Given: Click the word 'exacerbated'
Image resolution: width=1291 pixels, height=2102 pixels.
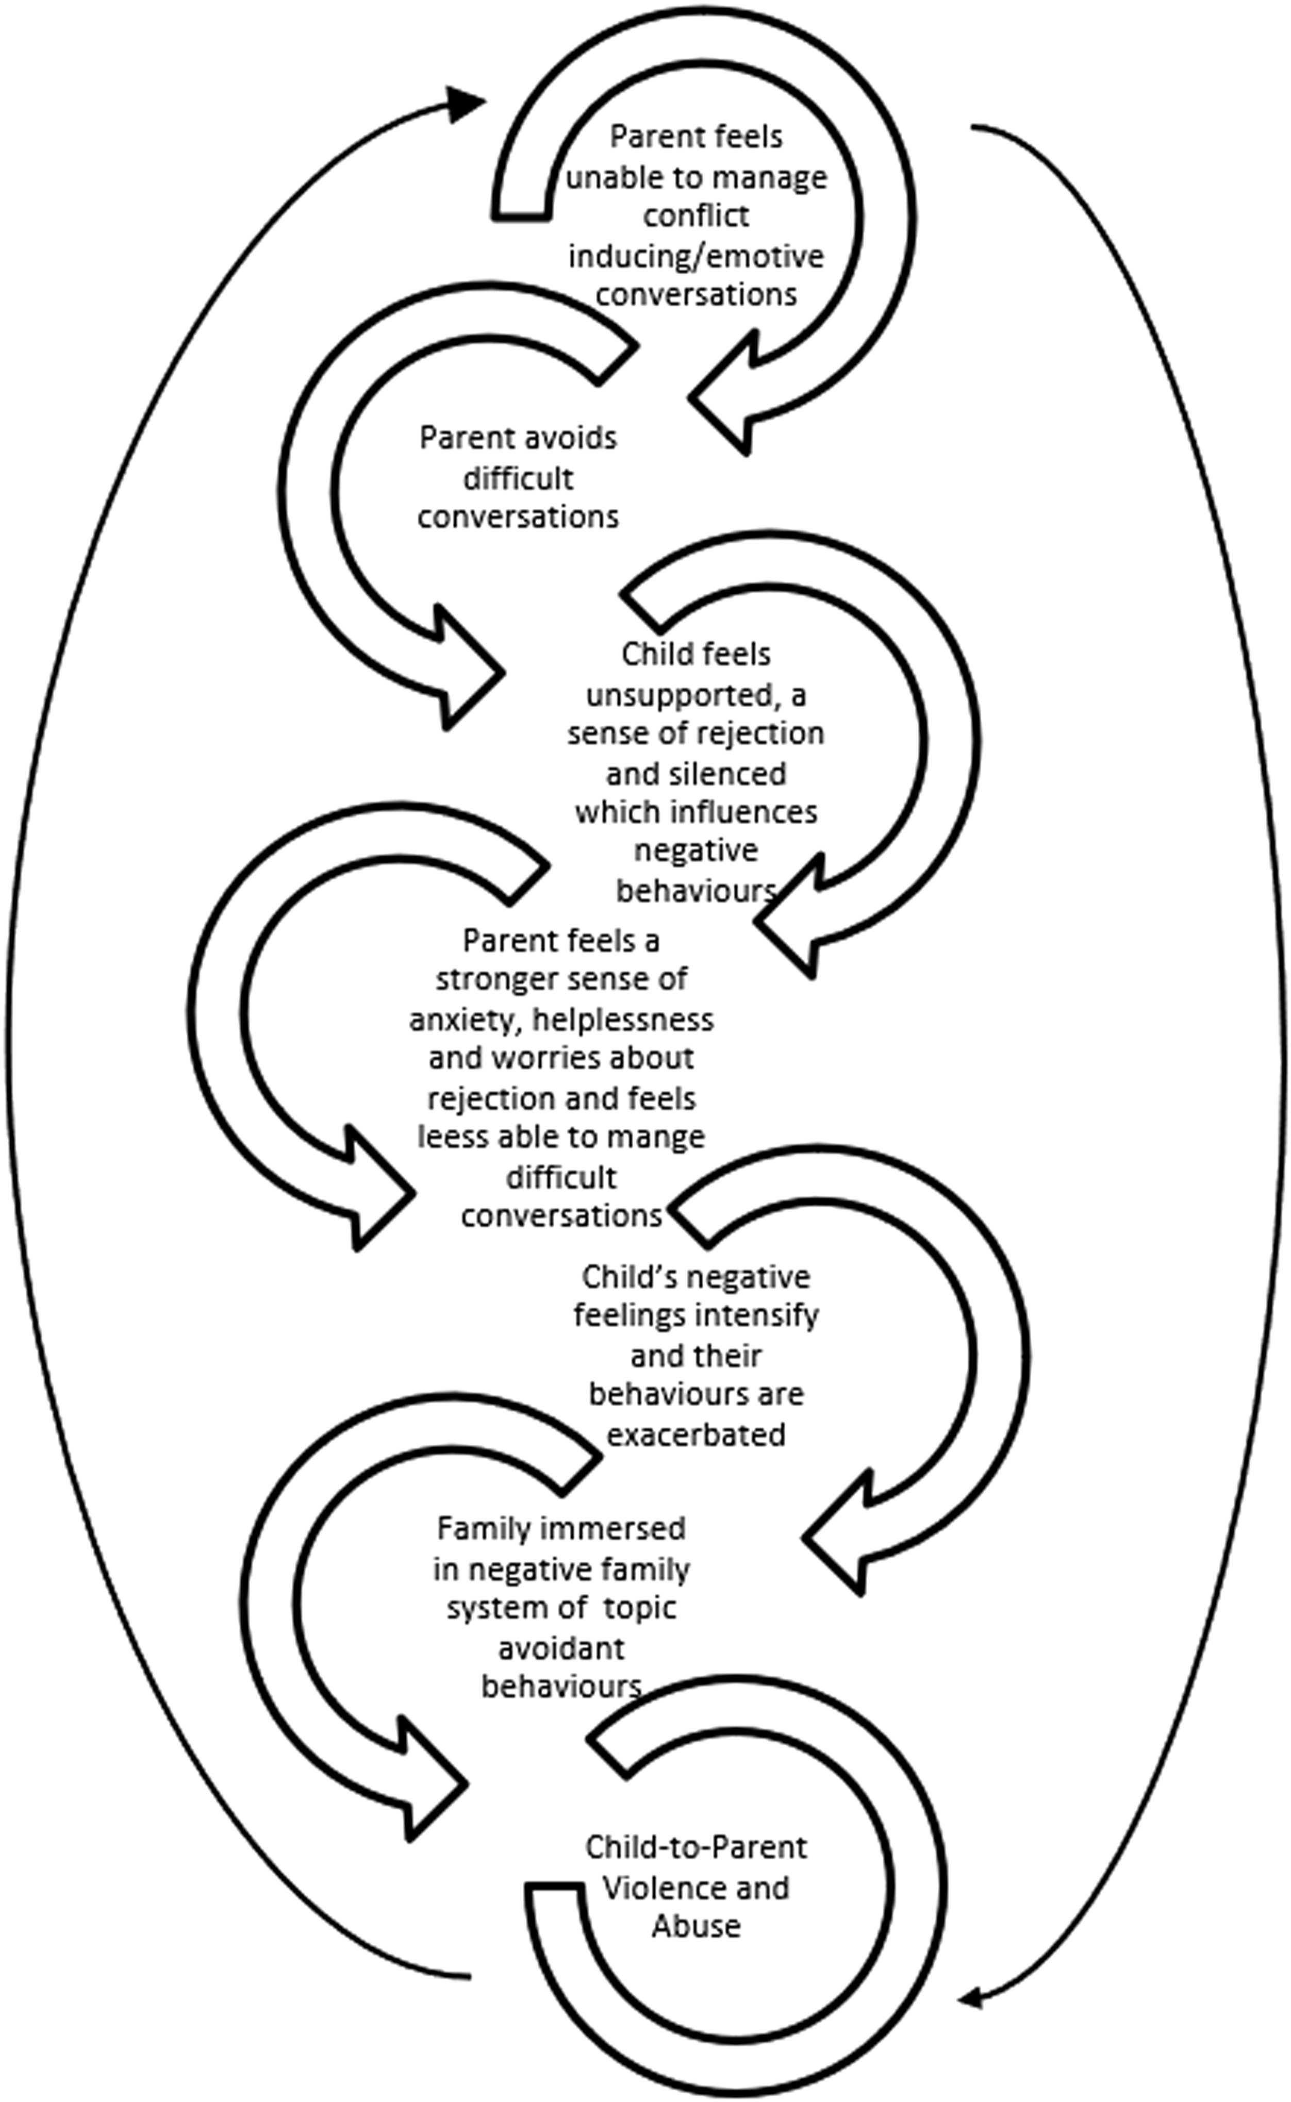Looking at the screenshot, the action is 696,1434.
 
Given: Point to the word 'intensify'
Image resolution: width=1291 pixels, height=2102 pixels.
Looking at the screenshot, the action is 756,1315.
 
